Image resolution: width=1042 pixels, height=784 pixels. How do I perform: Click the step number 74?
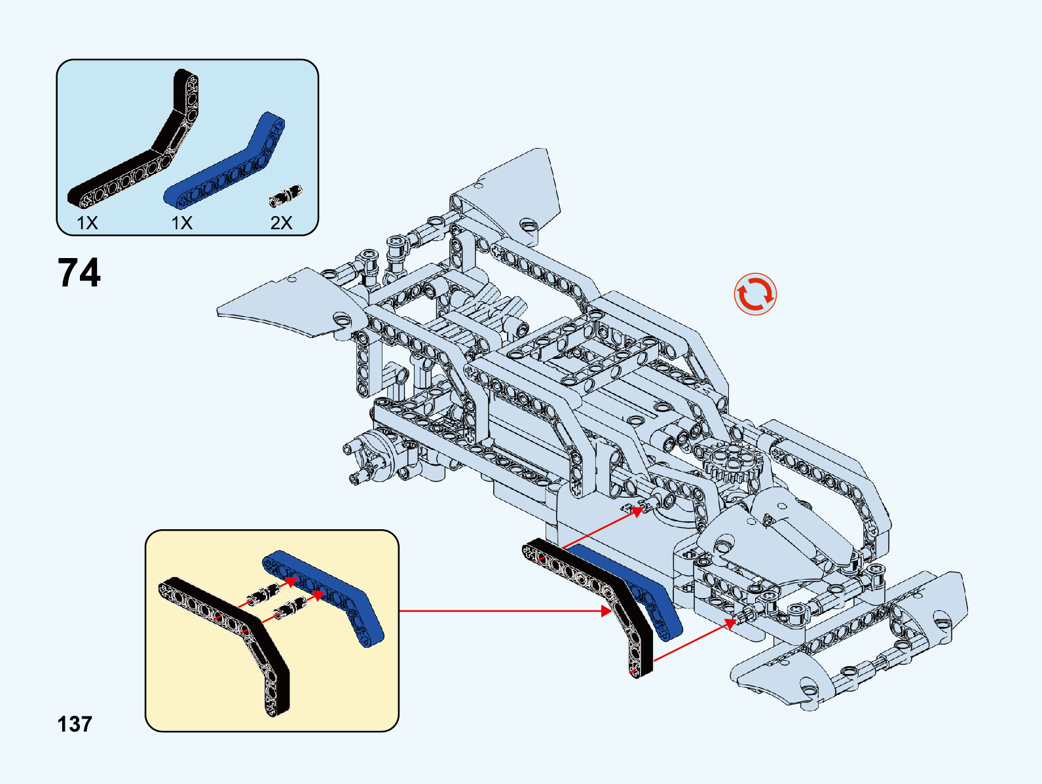click(x=79, y=272)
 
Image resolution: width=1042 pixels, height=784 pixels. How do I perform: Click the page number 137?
click(x=75, y=724)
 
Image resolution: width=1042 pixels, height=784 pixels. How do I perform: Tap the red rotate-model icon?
click(x=755, y=294)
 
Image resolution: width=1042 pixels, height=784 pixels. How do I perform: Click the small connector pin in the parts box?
click(x=286, y=195)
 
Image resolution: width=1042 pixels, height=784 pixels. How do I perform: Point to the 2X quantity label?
click(x=281, y=223)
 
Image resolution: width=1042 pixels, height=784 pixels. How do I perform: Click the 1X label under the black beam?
click(x=87, y=223)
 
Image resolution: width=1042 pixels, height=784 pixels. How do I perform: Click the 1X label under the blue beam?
click(x=182, y=223)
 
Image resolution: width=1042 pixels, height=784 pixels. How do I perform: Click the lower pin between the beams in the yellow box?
click(x=288, y=609)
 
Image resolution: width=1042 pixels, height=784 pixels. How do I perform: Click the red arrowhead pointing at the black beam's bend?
click(x=606, y=611)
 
